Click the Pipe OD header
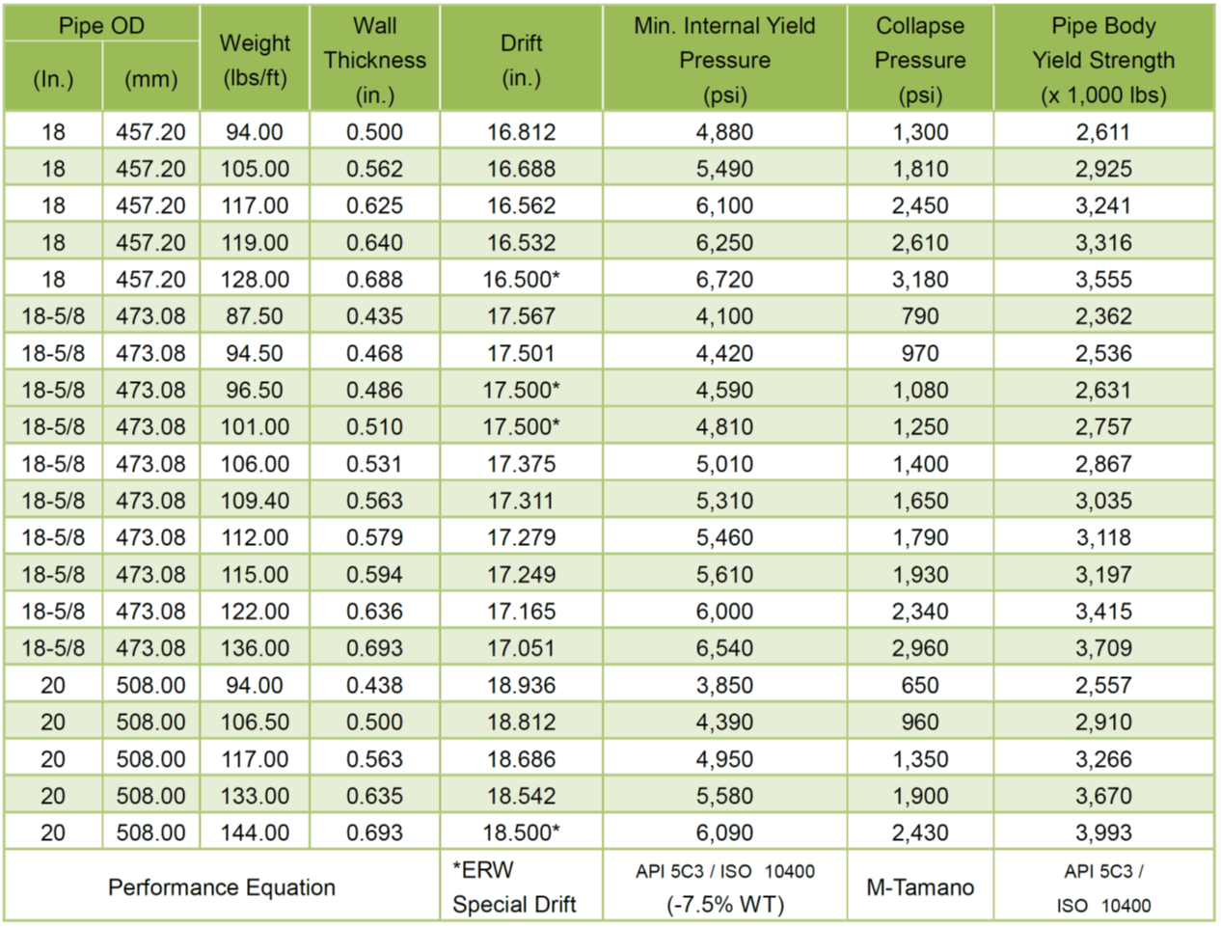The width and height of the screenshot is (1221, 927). click(101, 26)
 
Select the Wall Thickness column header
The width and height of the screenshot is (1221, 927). click(374, 60)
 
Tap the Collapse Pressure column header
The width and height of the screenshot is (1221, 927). click(919, 60)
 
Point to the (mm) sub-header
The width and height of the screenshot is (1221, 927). click(150, 79)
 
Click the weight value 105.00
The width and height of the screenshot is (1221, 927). click(255, 169)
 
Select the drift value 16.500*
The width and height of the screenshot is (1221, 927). click(521, 280)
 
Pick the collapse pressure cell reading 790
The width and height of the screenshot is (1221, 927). click(919, 316)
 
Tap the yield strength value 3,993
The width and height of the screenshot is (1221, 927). click(1103, 832)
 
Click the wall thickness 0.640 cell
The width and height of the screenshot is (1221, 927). click(374, 243)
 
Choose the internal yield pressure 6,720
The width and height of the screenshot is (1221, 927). click(724, 280)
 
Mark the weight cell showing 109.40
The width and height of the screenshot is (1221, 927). click(255, 501)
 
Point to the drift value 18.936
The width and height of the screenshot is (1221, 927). click(521, 686)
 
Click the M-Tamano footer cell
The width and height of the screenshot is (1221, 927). click(919, 887)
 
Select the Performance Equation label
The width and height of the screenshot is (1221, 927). click(222, 887)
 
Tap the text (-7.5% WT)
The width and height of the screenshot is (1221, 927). click(724, 905)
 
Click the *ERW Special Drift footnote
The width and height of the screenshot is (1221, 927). click(514, 887)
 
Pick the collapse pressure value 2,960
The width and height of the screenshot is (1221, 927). click(919, 648)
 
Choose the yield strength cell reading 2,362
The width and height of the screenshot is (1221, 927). click(1103, 316)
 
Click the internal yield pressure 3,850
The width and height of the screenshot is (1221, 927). click(724, 686)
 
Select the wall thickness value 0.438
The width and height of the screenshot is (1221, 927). click(374, 686)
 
